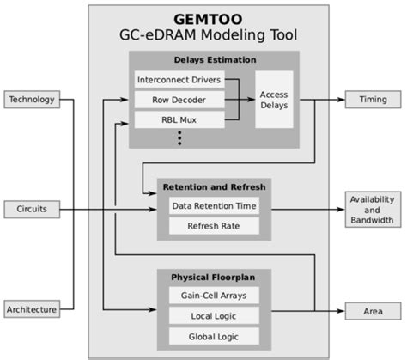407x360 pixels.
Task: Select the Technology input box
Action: click(32, 100)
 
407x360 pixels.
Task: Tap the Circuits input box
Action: click(32, 208)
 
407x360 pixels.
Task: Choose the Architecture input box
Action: click(32, 309)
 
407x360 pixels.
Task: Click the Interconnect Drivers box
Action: click(178, 80)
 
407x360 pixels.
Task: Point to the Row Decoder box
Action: click(178, 100)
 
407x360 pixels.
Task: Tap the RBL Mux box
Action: click(178, 119)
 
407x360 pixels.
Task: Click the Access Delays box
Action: click(274, 100)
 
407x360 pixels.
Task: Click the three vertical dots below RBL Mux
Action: click(179, 137)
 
